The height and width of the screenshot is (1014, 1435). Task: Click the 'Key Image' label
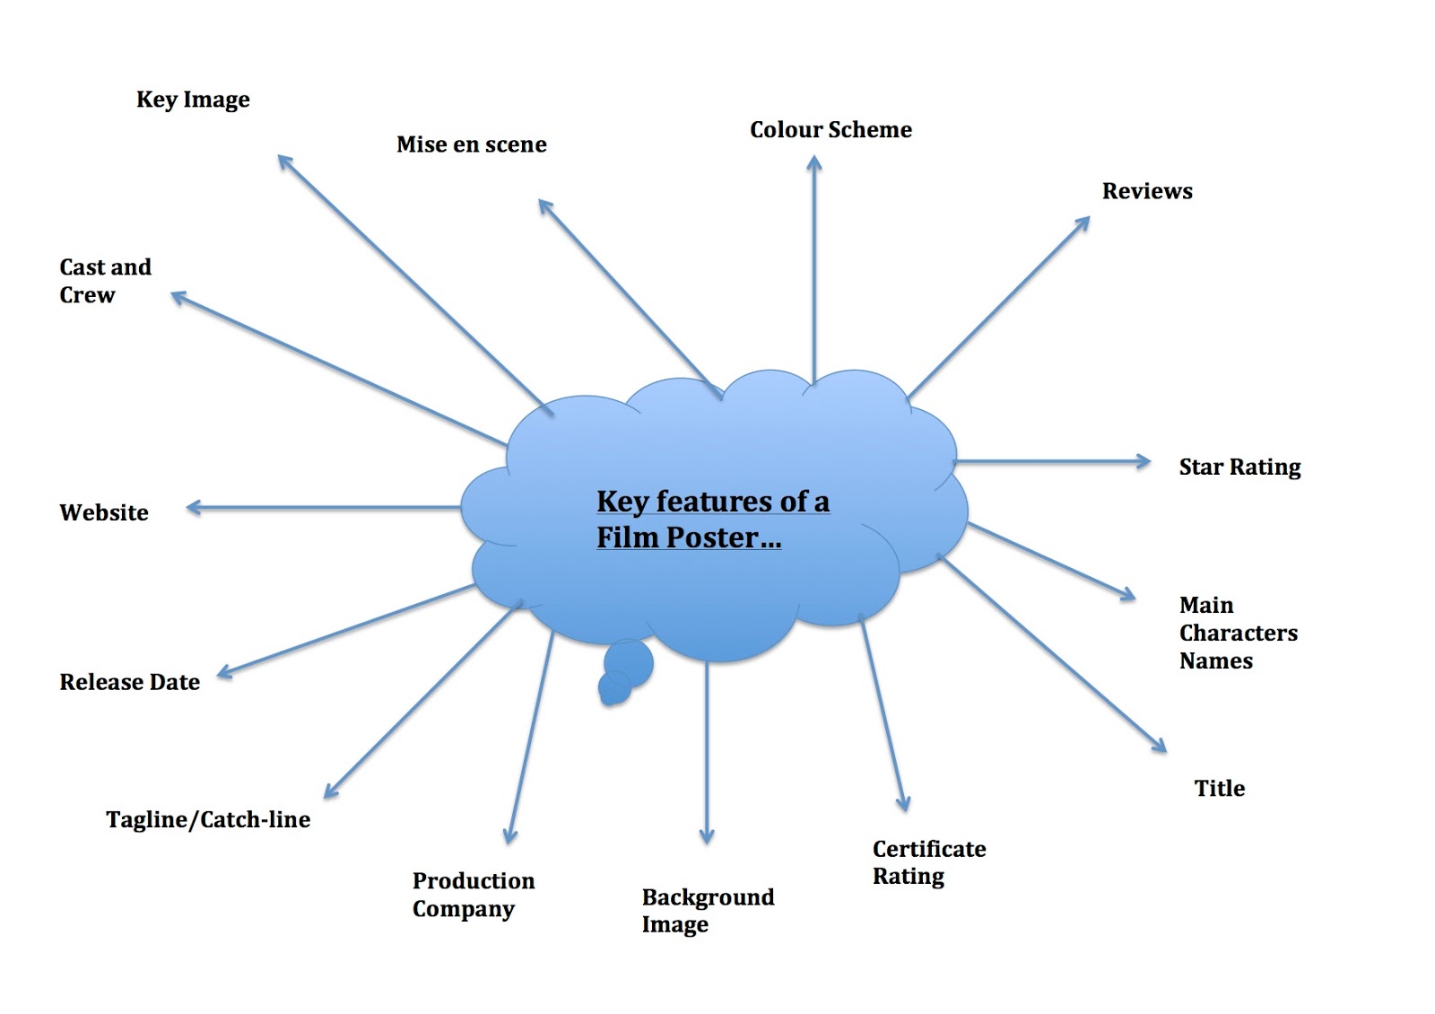click(x=193, y=100)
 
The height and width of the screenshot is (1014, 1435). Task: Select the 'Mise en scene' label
click(x=472, y=144)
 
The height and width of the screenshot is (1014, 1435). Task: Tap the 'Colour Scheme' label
click(x=831, y=129)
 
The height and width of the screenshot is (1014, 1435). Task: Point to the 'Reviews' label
click(x=1147, y=191)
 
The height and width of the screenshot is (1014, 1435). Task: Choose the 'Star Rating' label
click(x=1239, y=468)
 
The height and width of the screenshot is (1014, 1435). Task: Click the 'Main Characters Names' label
click(x=1239, y=633)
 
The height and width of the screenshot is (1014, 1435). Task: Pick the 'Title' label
click(x=1219, y=788)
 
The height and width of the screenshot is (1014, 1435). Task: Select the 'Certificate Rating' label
click(x=929, y=862)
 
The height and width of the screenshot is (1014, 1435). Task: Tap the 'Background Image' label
click(x=708, y=911)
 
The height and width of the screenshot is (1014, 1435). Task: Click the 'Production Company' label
click(x=474, y=895)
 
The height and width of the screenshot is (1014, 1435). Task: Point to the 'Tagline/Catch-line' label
click(x=208, y=820)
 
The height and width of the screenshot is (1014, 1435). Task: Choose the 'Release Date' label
click(x=129, y=682)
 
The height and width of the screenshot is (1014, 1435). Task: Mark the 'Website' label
click(x=104, y=512)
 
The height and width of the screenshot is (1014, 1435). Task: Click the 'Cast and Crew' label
click(x=105, y=281)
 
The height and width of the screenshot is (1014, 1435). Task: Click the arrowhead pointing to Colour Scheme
click(x=814, y=162)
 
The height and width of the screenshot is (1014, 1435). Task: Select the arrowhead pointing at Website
click(x=194, y=508)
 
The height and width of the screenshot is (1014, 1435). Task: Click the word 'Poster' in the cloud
click(x=712, y=538)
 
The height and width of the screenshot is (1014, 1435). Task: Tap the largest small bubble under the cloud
click(x=629, y=663)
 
